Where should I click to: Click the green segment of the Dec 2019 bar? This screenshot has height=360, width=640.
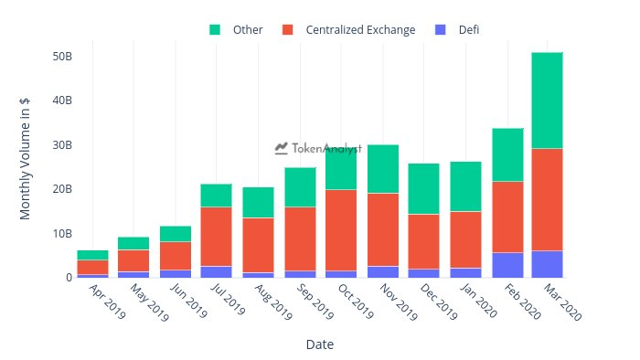point(423,189)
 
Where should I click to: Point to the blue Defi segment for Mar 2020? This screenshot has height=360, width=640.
point(547,264)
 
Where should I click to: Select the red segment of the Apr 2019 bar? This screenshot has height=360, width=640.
point(92,267)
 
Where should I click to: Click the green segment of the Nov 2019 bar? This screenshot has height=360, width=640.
point(381,169)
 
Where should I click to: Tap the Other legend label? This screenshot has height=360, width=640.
point(248,30)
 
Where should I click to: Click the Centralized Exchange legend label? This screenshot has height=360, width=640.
point(361,30)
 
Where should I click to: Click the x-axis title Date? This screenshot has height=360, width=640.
point(319,345)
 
